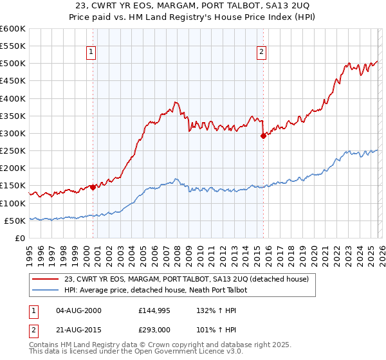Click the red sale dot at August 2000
click(93, 188)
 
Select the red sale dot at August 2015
click(263, 136)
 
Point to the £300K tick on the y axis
click(14, 133)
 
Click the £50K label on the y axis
click(16, 221)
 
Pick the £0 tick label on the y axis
click(21, 238)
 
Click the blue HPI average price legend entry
click(160, 290)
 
